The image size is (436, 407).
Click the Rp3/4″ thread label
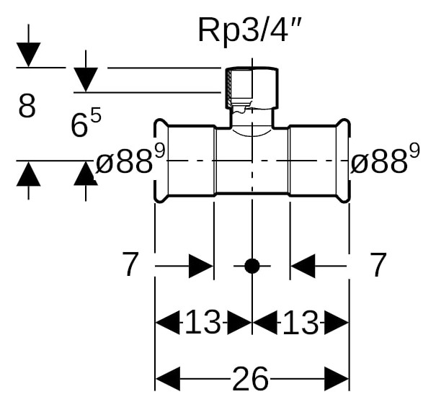coord(249,30)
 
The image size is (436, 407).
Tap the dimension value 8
coord(27,106)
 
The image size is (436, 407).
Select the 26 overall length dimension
coord(250,379)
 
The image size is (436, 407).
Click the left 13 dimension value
coord(203,323)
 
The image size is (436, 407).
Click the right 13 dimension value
coord(301,323)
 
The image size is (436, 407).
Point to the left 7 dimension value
coord(130,264)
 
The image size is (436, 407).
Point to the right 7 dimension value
coord(379,264)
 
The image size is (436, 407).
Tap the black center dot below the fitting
coord(252,266)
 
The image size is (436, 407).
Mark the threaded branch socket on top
coord(252,88)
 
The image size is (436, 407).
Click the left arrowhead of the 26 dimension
coord(168,379)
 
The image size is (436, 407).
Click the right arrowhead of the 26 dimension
coord(337,379)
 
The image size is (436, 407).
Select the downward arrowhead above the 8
coord(28,55)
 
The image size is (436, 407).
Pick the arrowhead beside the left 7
coord(201,266)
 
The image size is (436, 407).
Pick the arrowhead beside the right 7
coord(303,266)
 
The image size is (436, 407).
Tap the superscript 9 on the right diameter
coord(414,151)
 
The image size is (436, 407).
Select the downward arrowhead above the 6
coord(86,80)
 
